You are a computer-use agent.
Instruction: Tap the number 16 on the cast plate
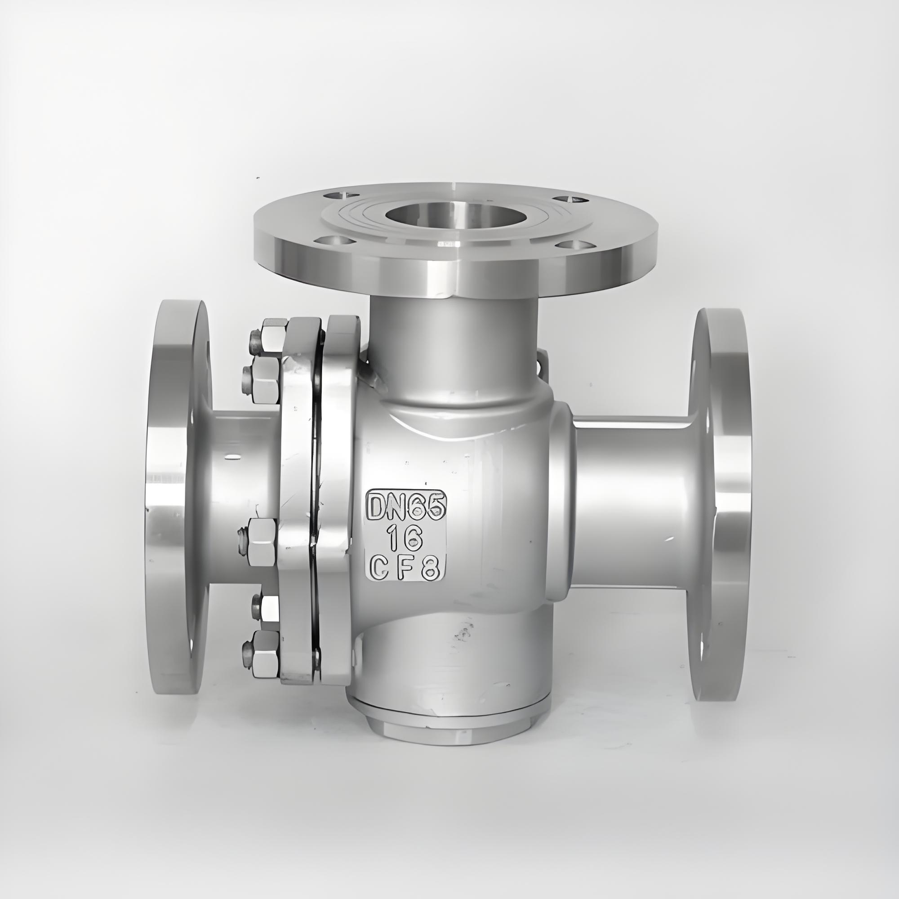click(406, 539)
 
